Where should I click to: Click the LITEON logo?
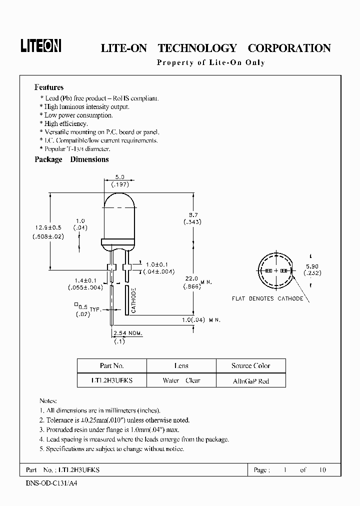click(41, 46)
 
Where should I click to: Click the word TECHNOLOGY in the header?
click(197, 48)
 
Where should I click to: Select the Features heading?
click(49, 87)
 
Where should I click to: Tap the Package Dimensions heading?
click(71, 159)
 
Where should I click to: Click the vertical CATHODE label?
click(134, 300)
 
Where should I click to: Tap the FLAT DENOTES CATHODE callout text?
click(267, 298)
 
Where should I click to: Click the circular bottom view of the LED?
click(275, 270)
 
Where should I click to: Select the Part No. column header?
click(112, 366)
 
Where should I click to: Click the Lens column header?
click(181, 366)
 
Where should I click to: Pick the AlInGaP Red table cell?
click(251, 380)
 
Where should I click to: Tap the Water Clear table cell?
click(181, 380)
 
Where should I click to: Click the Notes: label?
click(48, 401)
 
